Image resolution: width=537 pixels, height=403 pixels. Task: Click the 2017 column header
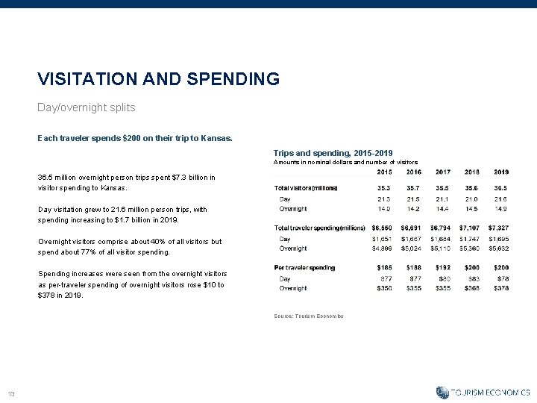(x=442, y=172)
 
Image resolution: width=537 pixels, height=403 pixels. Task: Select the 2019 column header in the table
(x=500, y=172)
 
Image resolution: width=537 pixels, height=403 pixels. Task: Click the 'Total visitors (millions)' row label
(x=306, y=188)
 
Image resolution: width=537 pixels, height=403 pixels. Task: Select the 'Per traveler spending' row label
(x=304, y=267)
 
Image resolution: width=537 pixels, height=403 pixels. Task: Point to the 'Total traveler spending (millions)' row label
(x=321, y=228)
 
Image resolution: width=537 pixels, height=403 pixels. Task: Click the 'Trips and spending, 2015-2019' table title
(x=333, y=152)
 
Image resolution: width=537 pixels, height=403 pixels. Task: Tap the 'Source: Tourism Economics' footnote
(x=308, y=316)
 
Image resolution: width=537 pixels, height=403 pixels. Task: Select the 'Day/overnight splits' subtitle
(x=87, y=107)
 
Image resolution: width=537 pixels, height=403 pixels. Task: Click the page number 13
(x=12, y=395)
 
